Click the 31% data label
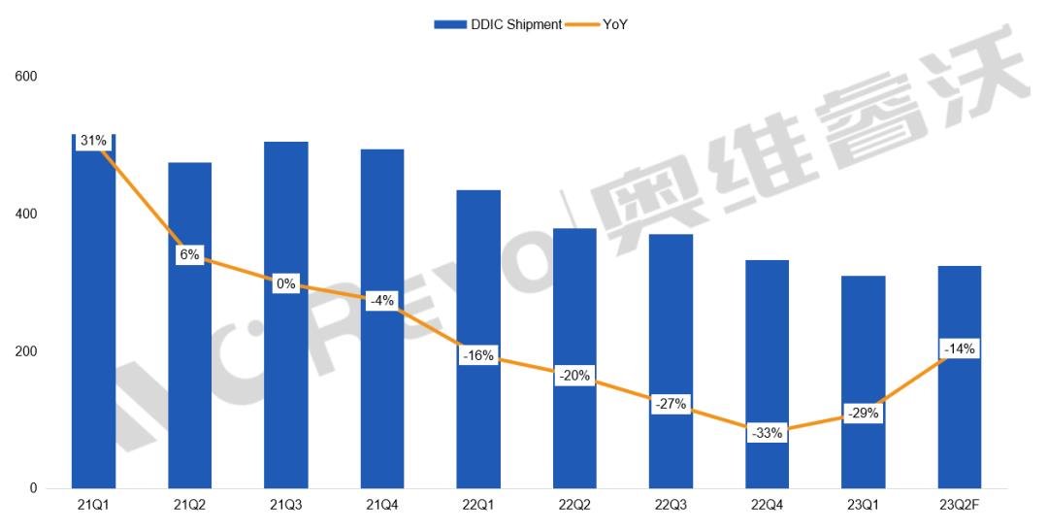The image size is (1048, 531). (x=93, y=141)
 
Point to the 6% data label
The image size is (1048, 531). (x=189, y=255)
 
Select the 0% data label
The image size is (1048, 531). (x=286, y=284)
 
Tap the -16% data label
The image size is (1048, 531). (x=478, y=356)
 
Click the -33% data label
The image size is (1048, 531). (x=767, y=433)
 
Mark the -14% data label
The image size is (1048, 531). (x=959, y=348)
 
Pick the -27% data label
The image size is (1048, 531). (x=671, y=403)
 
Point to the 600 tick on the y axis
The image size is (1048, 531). (x=26, y=76)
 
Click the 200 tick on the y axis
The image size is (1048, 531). (x=26, y=351)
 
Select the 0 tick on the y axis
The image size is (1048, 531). (x=33, y=488)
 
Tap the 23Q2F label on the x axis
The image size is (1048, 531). (x=959, y=505)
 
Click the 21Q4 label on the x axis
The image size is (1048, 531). (x=382, y=505)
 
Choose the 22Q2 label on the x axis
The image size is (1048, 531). (x=574, y=505)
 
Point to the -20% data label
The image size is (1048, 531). (x=574, y=376)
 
